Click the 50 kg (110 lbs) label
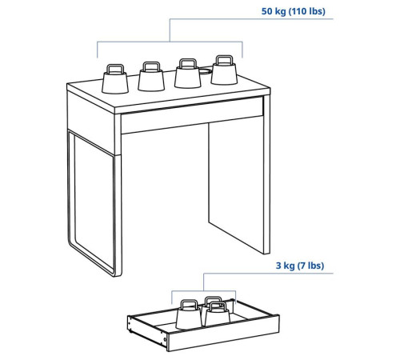point(293,11)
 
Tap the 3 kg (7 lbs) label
point(300,266)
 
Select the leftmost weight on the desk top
point(115,79)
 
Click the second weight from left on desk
point(151,77)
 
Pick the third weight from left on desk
point(187,74)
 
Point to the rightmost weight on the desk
point(224,70)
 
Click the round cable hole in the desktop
point(206,71)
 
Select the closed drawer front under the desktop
point(192,115)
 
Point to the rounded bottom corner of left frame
point(73,242)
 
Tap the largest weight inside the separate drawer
point(189,314)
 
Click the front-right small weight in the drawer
point(218,314)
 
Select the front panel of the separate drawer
point(223,334)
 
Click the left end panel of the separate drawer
point(147,330)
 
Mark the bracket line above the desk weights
point(170,42)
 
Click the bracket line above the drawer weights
point(204,290)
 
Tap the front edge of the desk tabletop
point(193,102)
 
